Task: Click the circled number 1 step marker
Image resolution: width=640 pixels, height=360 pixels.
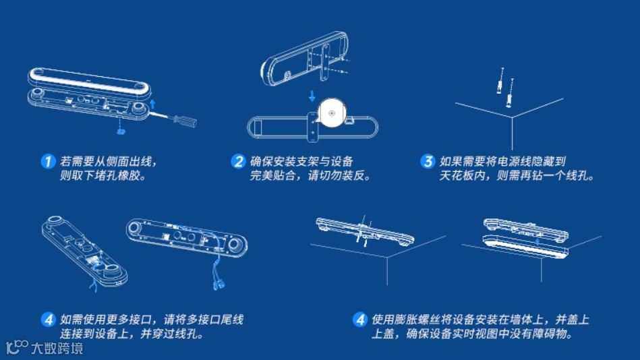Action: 47,162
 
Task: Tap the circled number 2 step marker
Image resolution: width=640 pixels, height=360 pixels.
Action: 238,162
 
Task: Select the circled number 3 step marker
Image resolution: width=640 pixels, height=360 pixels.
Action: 428,162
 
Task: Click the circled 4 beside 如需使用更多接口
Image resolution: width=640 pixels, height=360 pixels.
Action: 48,320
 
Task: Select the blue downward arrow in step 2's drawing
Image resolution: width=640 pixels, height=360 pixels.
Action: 312,96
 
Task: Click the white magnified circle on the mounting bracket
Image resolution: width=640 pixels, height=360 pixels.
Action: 332,113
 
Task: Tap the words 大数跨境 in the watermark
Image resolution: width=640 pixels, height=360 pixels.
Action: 57,349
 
